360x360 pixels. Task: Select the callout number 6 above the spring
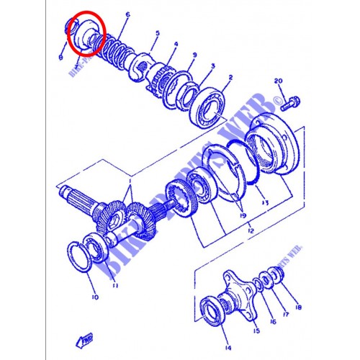[x=127, y=14]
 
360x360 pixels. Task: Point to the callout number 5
[x=157, y=33]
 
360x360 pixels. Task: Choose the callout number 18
[x=298, y=306]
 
